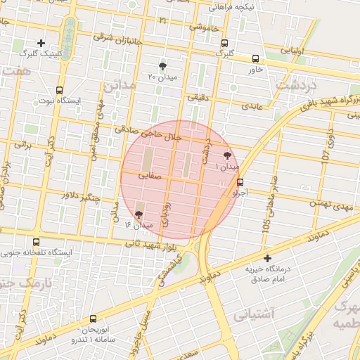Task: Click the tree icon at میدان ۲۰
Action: [163, 65]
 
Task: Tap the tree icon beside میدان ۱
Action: [227, 156]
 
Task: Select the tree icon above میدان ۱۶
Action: [139, 214]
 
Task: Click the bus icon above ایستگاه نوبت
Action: [59, 91]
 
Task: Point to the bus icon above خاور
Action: [255, 59]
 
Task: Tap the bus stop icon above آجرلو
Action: [240, 182]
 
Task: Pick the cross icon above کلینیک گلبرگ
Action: [41, 43]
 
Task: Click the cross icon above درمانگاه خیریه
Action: [266, 258]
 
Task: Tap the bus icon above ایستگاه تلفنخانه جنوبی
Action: [37, 242]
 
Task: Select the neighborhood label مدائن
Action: [119, 86]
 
